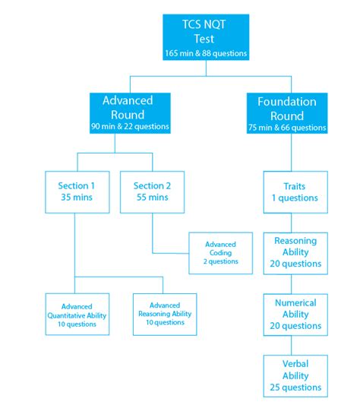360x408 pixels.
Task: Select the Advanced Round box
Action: (130, 112)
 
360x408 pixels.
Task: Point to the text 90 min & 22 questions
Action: (130, 126)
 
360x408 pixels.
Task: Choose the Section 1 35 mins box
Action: (77, 191)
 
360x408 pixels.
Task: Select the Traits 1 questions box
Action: (295, 191)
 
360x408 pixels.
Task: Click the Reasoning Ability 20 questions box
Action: (295, 252)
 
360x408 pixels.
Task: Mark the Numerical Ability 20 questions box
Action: (295, 313)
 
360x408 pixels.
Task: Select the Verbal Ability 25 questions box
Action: (295, 375)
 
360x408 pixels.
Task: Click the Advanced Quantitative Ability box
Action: (77, 313)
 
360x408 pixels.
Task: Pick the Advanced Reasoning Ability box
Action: (165, 313)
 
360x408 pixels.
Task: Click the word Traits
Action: (295, 185)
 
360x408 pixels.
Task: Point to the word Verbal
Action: (295, 363)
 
